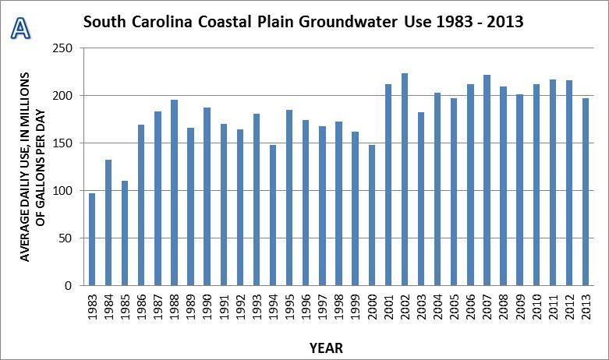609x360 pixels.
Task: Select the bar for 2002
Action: point(405,179)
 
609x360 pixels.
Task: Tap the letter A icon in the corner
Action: point(19,28)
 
